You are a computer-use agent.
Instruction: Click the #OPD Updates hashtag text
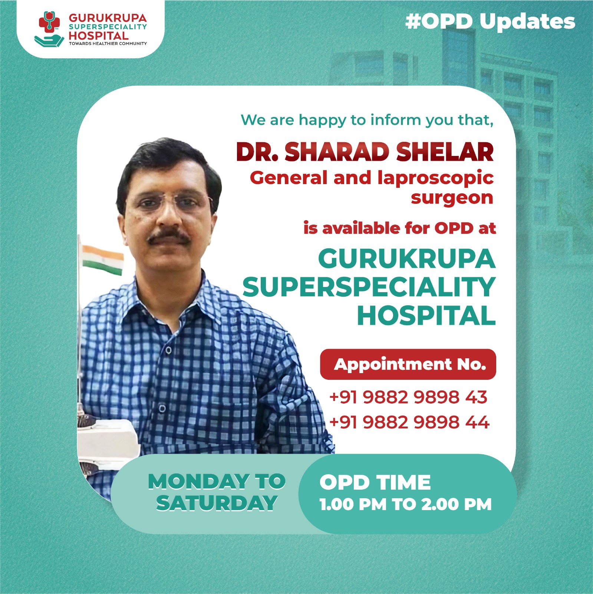pos(490,22)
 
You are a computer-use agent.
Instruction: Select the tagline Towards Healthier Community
pos(108,44)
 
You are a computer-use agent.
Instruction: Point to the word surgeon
pos(452,198)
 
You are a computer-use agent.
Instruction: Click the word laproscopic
pos(435,178)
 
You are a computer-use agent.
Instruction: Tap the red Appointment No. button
pos(408,364)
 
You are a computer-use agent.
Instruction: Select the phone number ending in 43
pos(408,397)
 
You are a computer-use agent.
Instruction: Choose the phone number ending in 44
pos(409,422)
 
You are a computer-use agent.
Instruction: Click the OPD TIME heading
pos(375,482)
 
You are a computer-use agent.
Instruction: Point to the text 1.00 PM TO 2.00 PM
pos(405,504)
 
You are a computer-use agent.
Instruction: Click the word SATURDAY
pos(217,503)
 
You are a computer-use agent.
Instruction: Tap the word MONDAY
pos(198,482)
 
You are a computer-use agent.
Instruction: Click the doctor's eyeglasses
pos(169,203)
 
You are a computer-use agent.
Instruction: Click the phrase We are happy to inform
pos(326,120)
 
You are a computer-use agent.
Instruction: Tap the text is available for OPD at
pos(399,228)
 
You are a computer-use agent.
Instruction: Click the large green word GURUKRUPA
pos(406,259)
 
